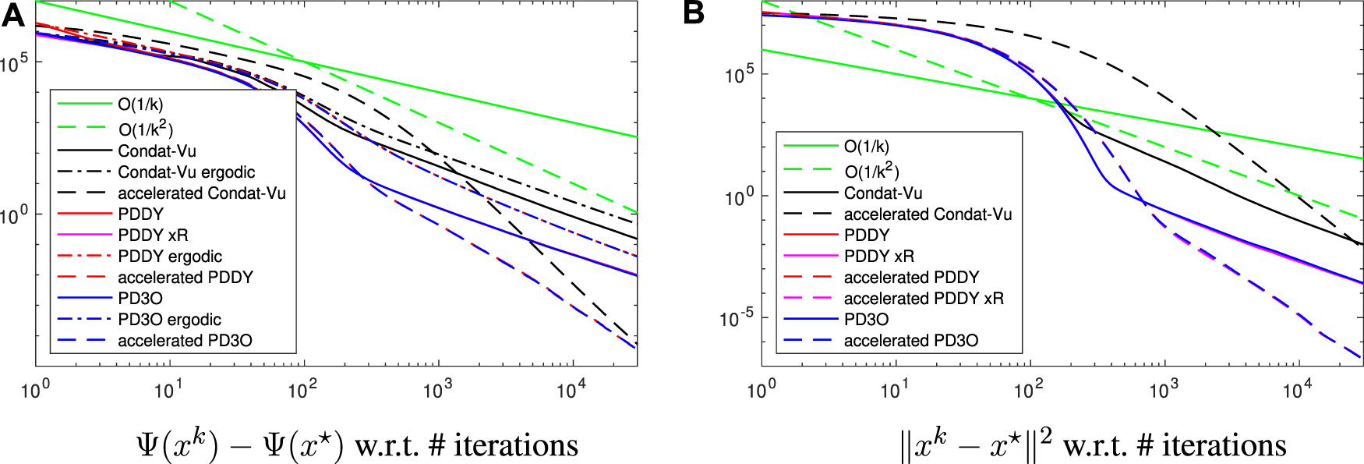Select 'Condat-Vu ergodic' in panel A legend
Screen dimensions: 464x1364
(x=186, y=172)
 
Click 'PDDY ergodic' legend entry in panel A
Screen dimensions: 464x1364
(x=170, y=256)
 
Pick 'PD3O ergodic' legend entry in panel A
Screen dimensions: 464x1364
(x=169, y=319)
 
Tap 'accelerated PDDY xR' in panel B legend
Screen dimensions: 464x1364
(x=924, y=298)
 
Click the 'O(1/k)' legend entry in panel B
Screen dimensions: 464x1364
(x=866, y=146)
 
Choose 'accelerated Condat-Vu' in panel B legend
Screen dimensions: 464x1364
(x=928, y=214)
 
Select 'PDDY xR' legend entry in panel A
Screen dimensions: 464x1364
(x=153, y=235)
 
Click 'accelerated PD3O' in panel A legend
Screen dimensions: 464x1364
(x=185, y=340)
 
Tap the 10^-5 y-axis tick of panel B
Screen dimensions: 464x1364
(x=737, y=317)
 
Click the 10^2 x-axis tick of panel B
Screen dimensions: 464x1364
(x=1029, y=389)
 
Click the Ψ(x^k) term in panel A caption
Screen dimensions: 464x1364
(x=176, y=445)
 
